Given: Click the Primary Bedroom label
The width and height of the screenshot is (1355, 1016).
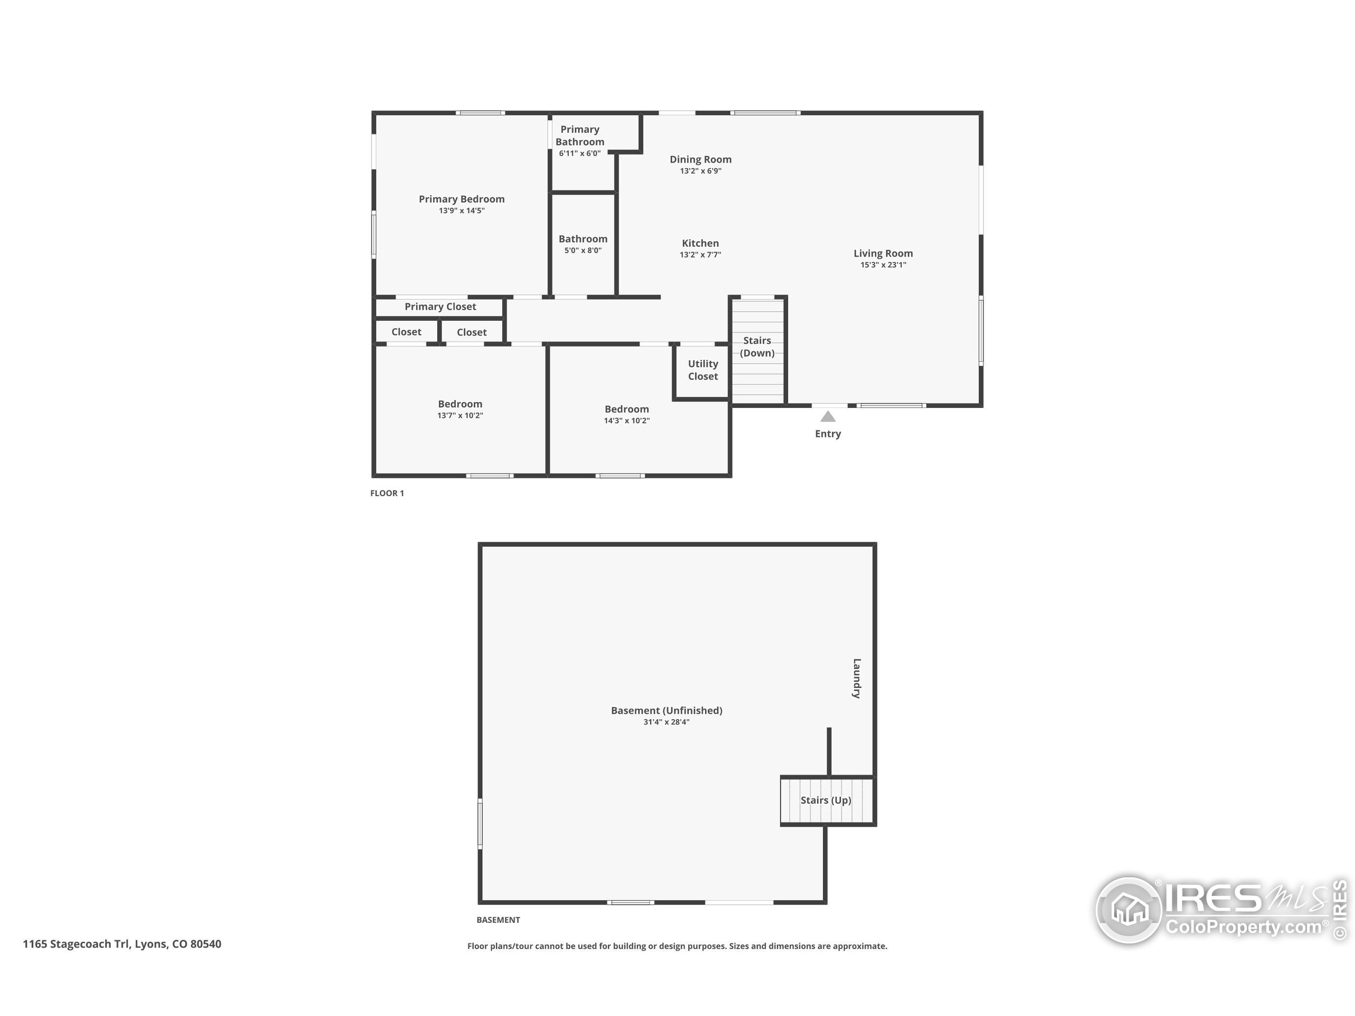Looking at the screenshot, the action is tap(461, 199).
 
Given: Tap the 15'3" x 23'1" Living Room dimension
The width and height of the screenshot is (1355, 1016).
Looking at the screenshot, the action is tap(883, 265).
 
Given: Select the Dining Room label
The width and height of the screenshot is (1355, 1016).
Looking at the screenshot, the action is tap(700, 160).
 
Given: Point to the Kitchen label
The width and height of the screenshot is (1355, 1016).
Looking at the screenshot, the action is tap(700, 243).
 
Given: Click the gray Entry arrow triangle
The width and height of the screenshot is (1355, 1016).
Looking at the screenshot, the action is tap(828, 416).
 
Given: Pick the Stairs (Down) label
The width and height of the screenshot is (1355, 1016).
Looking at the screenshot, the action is tap(757, 347).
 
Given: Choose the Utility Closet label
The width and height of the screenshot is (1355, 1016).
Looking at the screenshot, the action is tap(702, 370).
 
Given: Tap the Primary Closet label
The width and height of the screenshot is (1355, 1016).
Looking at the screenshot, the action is tap(440, 307).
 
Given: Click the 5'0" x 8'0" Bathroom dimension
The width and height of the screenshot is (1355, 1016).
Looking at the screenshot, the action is tap(583, 250).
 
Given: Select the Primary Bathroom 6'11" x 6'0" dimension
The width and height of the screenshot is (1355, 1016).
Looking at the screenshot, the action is tap(580, 153).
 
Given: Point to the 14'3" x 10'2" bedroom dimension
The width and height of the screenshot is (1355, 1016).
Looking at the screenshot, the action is tap(627, 421).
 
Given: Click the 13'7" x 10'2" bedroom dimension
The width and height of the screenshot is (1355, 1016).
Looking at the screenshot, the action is tap(460, 416).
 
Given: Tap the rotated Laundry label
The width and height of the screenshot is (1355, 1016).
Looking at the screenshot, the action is tap(857, 678).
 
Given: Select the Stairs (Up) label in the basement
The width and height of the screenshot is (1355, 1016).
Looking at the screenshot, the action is tap(826, 801).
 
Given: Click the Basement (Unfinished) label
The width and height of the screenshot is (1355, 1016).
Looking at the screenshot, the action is tap(666, 710).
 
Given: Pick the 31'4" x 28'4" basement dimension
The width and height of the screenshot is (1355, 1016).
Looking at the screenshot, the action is tap(666, 722).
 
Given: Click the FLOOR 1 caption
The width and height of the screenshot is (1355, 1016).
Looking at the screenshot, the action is tap(387, 493).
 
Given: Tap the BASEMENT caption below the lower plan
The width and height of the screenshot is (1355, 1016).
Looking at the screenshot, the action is tap(498, 920).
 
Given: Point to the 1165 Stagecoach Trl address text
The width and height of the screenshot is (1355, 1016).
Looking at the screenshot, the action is tap(122, 944).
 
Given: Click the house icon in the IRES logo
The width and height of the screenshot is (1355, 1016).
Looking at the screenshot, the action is tap(1129, 910).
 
